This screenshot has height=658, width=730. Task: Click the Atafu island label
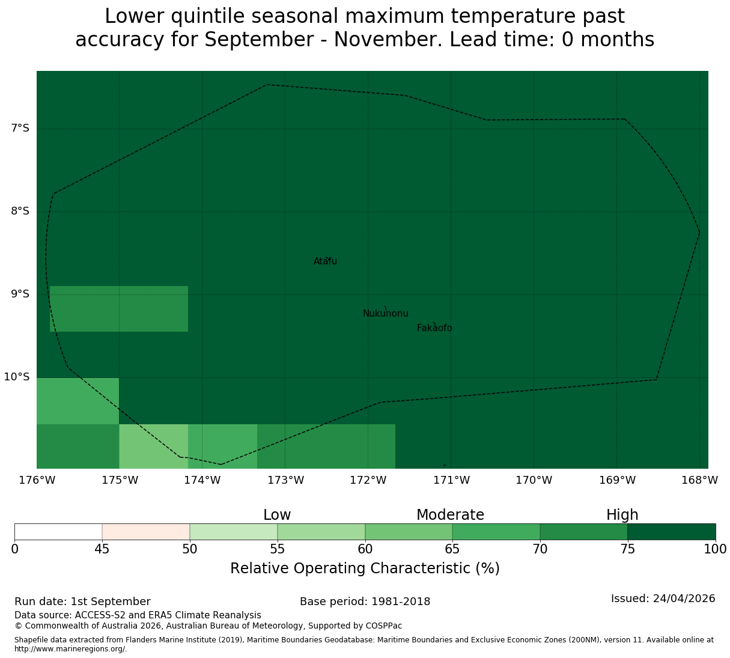click(325, 261)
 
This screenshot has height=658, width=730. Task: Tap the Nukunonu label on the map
click(385, 313)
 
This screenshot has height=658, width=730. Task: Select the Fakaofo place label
click(434, 327)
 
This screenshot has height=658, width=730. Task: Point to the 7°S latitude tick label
click(20, 128)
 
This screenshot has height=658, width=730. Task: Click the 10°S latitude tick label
click(16, 377)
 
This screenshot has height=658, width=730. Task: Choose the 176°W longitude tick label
click(37, 480)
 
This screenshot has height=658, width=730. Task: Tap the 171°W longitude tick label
click(451, 480)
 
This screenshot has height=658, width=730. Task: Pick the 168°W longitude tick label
click(699, 480)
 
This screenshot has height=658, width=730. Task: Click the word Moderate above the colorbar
click(450, 515)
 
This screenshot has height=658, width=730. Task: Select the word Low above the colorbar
click(277, 515)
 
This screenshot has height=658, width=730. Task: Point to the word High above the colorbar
click(622, 515)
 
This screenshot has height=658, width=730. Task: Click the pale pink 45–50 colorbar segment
click(146, 532)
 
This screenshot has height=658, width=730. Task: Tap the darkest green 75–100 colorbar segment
click(671, 532)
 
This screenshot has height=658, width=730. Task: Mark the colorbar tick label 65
click(452, 549)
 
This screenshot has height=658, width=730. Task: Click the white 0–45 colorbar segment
click(58, 532)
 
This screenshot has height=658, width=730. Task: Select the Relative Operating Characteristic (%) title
click(365, 568)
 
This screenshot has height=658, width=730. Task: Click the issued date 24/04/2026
click(684, 599)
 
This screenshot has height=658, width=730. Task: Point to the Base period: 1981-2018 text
click(365, 602)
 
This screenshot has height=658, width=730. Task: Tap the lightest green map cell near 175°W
click(154, 446)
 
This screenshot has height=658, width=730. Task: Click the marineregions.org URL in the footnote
click(71, 649)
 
